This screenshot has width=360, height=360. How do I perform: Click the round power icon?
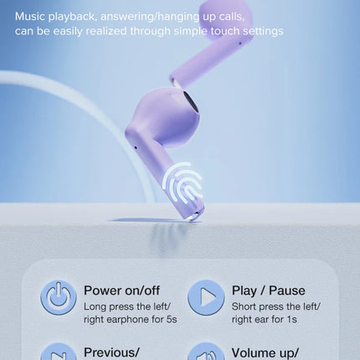(x=58, y=297)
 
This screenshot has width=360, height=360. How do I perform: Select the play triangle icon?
(x=205, y=297)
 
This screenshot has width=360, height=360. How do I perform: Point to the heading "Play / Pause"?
(x=267, y=290)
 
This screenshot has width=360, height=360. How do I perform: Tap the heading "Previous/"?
(x=111, y=352)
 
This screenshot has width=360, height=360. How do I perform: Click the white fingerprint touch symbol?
(x=183, y=183)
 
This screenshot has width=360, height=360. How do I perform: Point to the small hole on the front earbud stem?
(x=136, y=149)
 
